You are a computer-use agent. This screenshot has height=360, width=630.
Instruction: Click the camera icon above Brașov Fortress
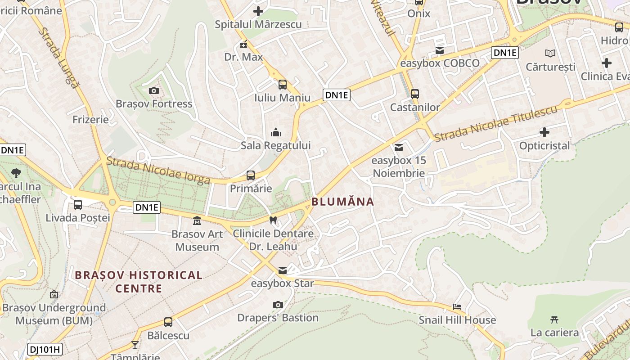coord(154,91)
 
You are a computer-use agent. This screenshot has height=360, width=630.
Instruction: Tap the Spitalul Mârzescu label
coord(258,24)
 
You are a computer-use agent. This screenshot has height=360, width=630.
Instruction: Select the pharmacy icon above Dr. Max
coord(243,45)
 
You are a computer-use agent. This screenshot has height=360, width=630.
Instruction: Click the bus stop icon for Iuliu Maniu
coord(283,85)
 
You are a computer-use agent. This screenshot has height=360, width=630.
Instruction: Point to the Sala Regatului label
coord(275,145)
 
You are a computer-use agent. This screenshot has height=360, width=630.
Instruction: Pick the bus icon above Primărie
coord(251,175)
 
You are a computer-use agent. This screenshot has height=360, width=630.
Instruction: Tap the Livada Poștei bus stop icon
coord(78,205)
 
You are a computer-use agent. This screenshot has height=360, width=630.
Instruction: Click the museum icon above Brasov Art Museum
coord(197,221)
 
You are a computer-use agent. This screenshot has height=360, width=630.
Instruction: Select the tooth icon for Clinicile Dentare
coord(273,220)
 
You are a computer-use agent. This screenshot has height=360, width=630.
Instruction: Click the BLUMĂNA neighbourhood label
coord(343,202)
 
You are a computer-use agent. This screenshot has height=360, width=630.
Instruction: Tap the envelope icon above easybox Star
coord(283,270)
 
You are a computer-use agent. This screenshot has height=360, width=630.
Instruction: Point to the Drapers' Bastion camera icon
coord(278,305)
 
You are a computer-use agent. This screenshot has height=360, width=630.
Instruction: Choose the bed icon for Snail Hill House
coord(457,307)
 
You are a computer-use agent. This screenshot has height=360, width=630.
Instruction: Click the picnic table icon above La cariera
coord(554,320)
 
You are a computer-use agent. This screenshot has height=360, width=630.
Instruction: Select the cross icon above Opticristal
coord(544,132)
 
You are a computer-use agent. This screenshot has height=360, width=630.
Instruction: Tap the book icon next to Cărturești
coord(550,54)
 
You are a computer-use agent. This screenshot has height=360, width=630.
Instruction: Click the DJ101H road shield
coord(45,349)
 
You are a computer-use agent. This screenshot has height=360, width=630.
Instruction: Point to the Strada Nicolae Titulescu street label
coord(495,123)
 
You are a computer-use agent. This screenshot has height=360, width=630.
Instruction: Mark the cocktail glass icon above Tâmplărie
coord(135,345)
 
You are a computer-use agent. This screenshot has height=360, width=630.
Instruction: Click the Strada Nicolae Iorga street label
coord(158,170)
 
